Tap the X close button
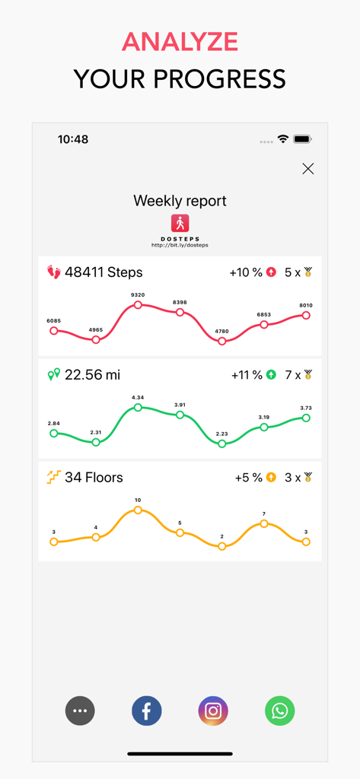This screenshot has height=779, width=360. (x=307, y=169)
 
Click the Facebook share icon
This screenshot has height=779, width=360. (x=146, y=711)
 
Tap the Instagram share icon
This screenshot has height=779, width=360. (x=213, y=711)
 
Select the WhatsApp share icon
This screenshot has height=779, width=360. (x=279, y=711)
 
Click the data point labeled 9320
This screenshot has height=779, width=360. (x=138, y=305)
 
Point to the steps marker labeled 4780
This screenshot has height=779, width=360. (x=222, y=342)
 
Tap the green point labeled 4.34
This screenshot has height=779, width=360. (x=138, y=408)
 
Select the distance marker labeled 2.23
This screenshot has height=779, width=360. (x=222, y=444)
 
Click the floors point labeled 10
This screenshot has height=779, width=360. (x=138, y=510)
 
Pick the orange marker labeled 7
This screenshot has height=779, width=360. (x=264, y=523)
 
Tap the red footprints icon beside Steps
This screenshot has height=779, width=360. (x=53, y=272)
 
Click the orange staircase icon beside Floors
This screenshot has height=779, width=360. (x=53, y=477)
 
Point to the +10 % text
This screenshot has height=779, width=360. (x=245, y=272)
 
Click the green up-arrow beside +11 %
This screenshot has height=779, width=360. (x=271, y=375)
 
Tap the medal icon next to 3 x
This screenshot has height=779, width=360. (x=308, y=478)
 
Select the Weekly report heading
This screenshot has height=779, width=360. (x=180, y=201)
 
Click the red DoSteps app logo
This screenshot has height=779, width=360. (x=180, y=223)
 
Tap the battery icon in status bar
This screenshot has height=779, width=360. (x=302, y=139)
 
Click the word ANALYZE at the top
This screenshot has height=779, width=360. (x=180, y=42)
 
